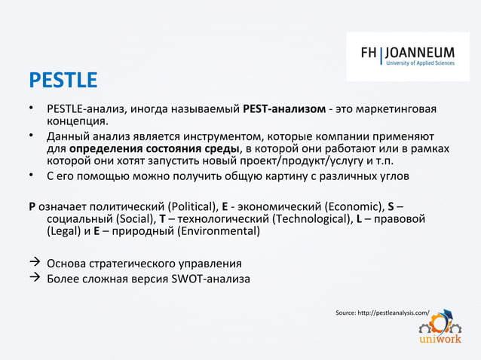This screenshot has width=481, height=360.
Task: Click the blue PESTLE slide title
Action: click(x=63, y=80)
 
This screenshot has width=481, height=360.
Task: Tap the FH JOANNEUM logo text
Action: click(x=408, y=53)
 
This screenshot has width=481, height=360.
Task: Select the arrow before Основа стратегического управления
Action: click(x=34, y=264)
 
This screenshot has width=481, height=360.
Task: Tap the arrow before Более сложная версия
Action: click(x=34, y=279)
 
